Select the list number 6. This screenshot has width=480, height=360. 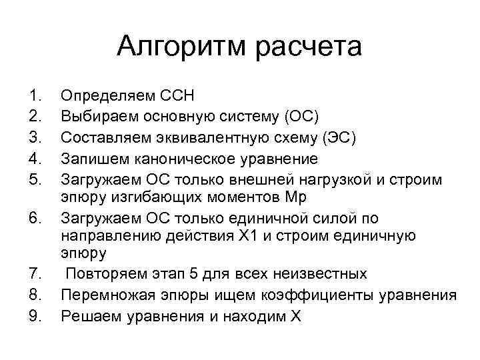35,217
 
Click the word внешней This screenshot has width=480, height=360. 248,177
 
